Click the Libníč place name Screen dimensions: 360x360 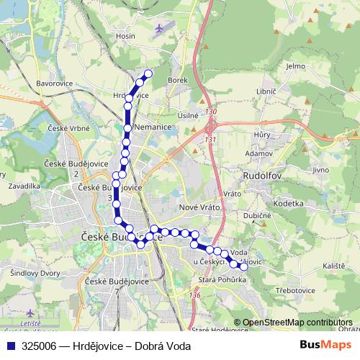click(266, 92)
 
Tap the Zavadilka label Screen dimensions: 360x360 click(24, 185)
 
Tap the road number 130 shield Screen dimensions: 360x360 click(210, 112)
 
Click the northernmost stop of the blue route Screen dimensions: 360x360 click(149, 73)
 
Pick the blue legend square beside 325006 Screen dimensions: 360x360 click(11, 346)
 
